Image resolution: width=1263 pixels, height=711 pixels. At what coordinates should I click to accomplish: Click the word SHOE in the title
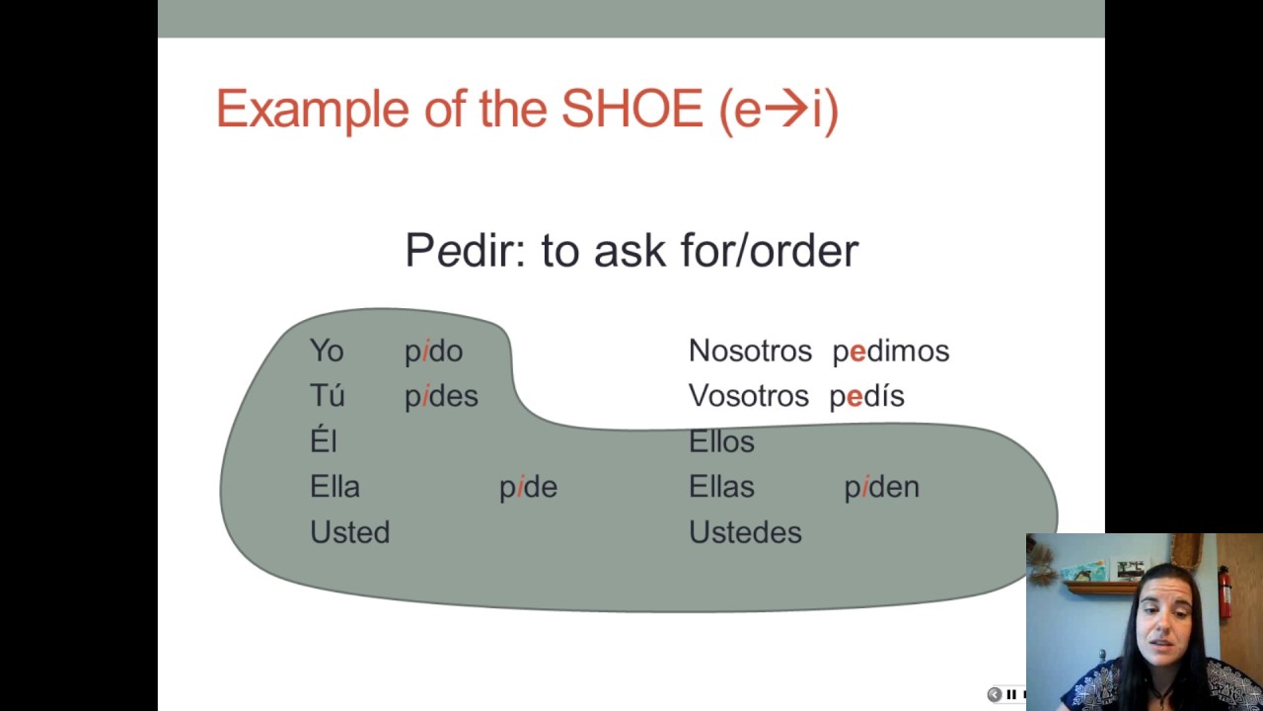point(631,109)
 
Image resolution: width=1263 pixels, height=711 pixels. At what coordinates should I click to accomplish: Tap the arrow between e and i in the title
point(786,110)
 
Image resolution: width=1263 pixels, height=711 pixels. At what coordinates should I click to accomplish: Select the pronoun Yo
point(327,352)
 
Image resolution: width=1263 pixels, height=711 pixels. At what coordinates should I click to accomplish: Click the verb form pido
point(433,352)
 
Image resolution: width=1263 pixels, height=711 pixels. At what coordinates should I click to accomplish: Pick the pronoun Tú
point(327,396)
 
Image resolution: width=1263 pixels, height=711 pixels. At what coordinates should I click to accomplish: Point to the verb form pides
point(441,396)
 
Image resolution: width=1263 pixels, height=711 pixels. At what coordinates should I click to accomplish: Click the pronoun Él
point(324,441)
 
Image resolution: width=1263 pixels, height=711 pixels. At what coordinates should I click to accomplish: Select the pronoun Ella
point(334,487)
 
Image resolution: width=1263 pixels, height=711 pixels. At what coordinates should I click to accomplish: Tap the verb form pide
point(528,487)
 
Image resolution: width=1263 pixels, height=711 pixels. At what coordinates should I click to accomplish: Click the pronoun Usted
point(349,532)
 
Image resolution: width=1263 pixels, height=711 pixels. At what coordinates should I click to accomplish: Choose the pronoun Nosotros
point(750,352)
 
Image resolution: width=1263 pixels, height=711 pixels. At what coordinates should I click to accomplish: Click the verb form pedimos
point(890,352)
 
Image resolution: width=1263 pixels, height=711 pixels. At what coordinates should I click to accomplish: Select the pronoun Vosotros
point(748,396)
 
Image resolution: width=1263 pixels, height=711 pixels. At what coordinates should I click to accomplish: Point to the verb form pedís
point(866,396)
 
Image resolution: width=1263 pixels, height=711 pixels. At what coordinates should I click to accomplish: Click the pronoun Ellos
point(721,441)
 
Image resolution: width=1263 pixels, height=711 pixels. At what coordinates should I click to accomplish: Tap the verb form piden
point(881,487)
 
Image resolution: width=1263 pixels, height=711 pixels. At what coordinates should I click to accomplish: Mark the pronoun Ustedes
point(745,532)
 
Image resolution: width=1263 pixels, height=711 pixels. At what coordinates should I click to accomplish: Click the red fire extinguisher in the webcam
point(1225,591)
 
